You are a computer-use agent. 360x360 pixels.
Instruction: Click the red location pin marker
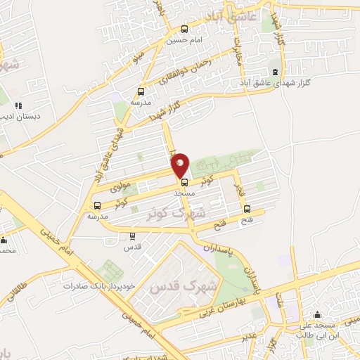(181, 165)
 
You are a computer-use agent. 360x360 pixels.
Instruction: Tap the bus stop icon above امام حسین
(184, 30)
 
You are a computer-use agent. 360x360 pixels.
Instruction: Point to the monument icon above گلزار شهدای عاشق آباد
(275, 72)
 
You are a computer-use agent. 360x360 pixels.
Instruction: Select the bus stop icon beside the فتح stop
(247, 208)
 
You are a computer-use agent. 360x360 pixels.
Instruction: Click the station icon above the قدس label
(132, 236)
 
